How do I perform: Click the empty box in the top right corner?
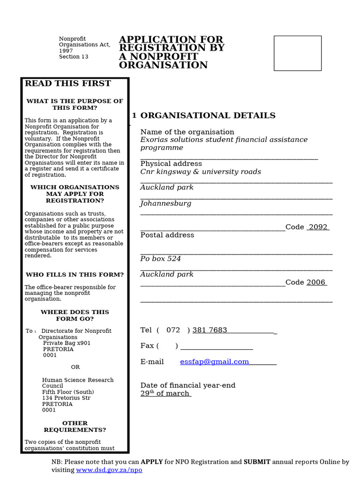pos(297,53)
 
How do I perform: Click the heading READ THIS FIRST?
pos(67,83)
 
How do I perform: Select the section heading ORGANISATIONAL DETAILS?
pos(208,115)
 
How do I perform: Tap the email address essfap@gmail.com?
pos(214,361)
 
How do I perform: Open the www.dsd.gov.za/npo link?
pos(109,470)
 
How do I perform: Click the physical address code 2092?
pos(318,227)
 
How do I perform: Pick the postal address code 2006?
pos(316,282)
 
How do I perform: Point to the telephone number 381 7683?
pos(210,330)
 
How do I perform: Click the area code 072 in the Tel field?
pos(173,330)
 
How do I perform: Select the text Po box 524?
pos(160,259)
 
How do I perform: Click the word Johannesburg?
pos(165,203)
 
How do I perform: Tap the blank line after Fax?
pos(217,346)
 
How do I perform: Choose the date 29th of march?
pos(165,393)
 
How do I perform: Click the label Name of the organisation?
pos(187,132)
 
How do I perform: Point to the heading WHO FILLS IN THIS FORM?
pos(75,275)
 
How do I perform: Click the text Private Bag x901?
pos(67,343)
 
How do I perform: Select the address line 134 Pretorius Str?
pos(66,398)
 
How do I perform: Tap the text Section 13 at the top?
pos(73,57)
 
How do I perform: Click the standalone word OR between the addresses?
pos(75,367)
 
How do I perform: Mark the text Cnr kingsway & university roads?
pos(201,172)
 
